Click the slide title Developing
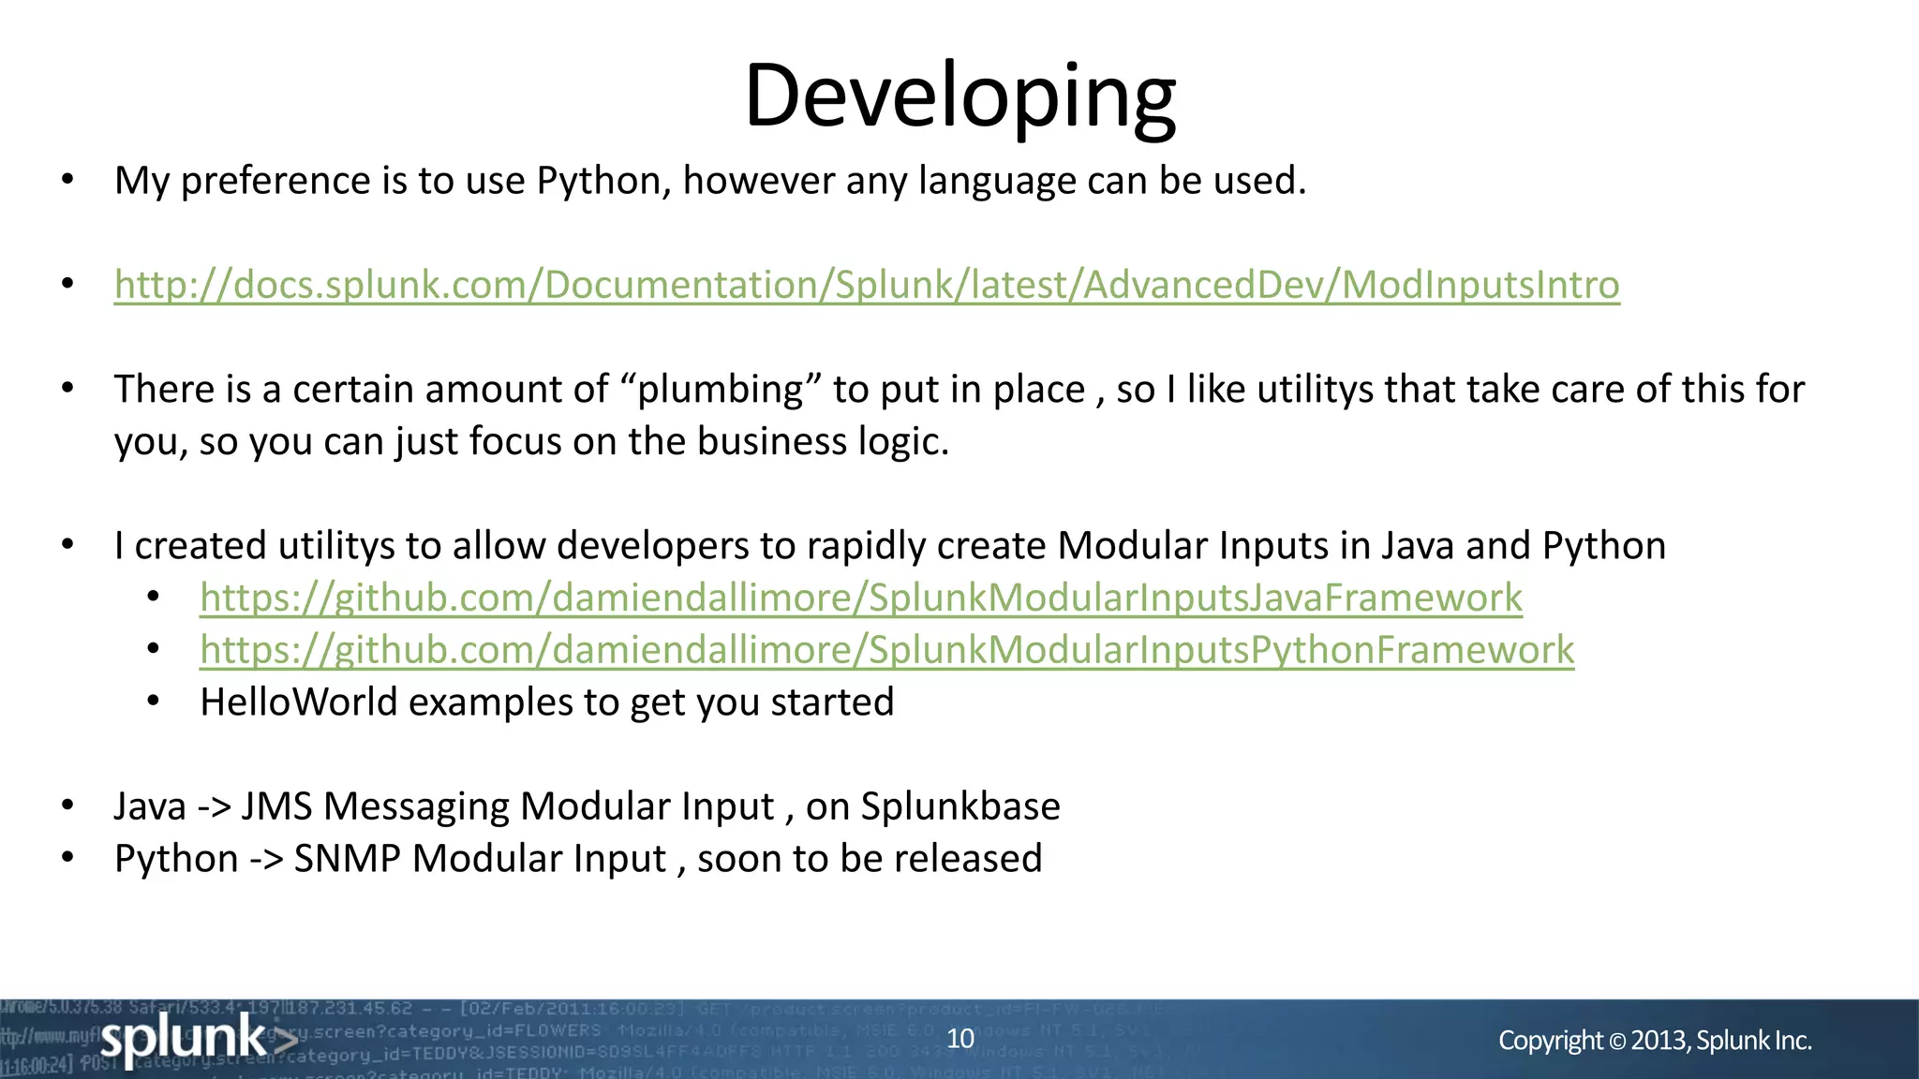pos(959,96)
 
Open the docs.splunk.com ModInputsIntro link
pos(867,285)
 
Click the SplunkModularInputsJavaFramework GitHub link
pos(861,598)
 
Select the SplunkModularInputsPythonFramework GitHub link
pos(886,650)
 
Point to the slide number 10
pos(960,1039)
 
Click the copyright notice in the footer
pos(1655,1041)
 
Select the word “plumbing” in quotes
pos(721,390)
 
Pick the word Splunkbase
pos(960,806)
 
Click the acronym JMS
pos(276,806)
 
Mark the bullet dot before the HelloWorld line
pos(154,701)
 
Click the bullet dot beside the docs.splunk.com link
pos(67,284)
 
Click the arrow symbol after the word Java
pos(214,806)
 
